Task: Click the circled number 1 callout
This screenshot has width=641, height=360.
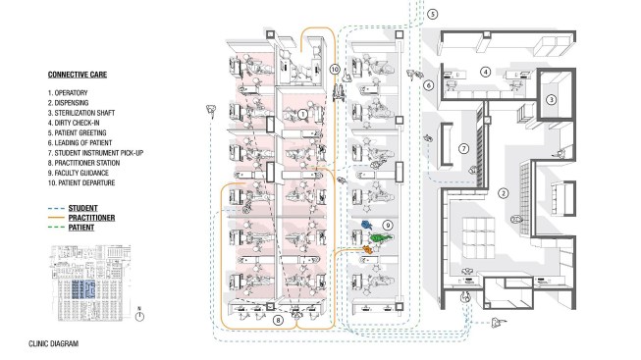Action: point(302,115)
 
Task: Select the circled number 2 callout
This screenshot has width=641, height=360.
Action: point(504,193)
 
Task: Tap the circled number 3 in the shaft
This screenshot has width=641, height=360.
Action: point(551,99)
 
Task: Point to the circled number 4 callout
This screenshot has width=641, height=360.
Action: point(485,72)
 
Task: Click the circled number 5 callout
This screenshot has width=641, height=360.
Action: point(433,14)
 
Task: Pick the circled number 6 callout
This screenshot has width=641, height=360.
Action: point(428,85)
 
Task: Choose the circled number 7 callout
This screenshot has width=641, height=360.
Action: point(463,149)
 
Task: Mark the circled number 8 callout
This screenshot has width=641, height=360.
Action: point(278,320)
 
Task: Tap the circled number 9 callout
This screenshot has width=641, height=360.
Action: point(388,225)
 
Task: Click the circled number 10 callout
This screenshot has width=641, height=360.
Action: point(335,70)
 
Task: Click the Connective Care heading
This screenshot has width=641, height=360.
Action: point(78,75)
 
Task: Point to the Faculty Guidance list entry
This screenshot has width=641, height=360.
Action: point(79,173)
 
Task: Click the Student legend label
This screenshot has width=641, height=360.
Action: point(83,208)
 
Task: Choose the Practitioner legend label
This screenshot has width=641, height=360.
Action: point(91,218)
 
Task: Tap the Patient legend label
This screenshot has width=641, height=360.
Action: point(81,228)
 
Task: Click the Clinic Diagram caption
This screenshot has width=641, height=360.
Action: point(54,343)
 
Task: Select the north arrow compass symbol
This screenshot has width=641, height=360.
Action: point(139,315)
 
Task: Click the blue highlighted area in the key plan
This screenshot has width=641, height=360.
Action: point(83,289)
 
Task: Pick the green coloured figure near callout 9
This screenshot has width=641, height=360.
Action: point(381,237)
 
